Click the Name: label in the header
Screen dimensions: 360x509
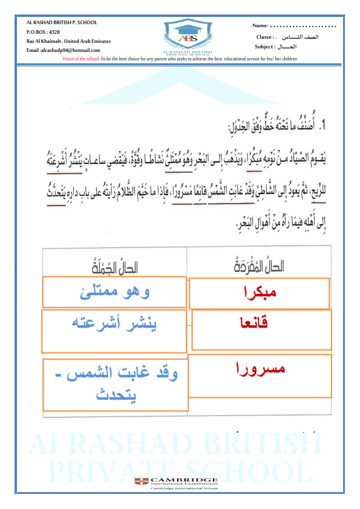[x=260, y=27]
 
